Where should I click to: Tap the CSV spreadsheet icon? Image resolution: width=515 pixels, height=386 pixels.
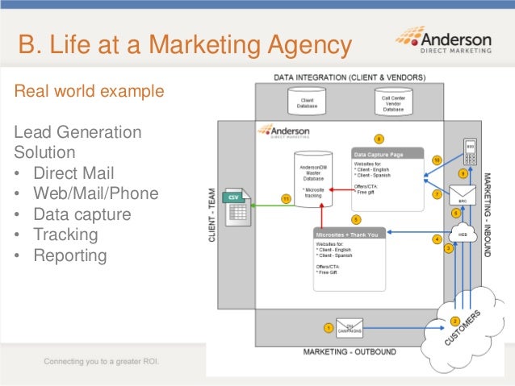pyautogui.click(x=237, y=208)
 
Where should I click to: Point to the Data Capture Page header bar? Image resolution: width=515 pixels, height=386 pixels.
pyautogui.click(x=387, y=153)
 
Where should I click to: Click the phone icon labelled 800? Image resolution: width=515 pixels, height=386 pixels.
pyautogui.click(x=471, y=151)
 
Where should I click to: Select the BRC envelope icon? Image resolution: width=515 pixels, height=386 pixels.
pyautogui.click(x=464, y=193)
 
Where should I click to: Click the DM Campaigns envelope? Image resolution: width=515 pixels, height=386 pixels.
pyautogui.click(x=350, y=330)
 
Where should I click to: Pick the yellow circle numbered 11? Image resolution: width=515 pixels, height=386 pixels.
pyautogui.click(x=286, y=197)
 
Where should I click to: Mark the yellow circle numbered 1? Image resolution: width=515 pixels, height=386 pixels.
pyautogui.click(x=328, y=327)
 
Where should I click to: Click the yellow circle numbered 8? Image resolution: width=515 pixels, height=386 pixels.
pyautogui.click(x=379, y=139)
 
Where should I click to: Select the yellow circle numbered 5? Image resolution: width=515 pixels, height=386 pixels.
pyautogui.click(x=356, y=219)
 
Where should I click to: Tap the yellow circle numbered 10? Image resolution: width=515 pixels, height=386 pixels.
pyautogui.click(x=437, y=160)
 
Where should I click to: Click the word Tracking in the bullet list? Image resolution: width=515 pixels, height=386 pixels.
pyautogui.click(x=65, y=235)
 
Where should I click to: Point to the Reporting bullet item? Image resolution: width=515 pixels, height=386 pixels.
pyautogui.click(x=69, y=256)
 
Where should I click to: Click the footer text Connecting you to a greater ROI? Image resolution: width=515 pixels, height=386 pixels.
pyautogui.click(x=102, y=360)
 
